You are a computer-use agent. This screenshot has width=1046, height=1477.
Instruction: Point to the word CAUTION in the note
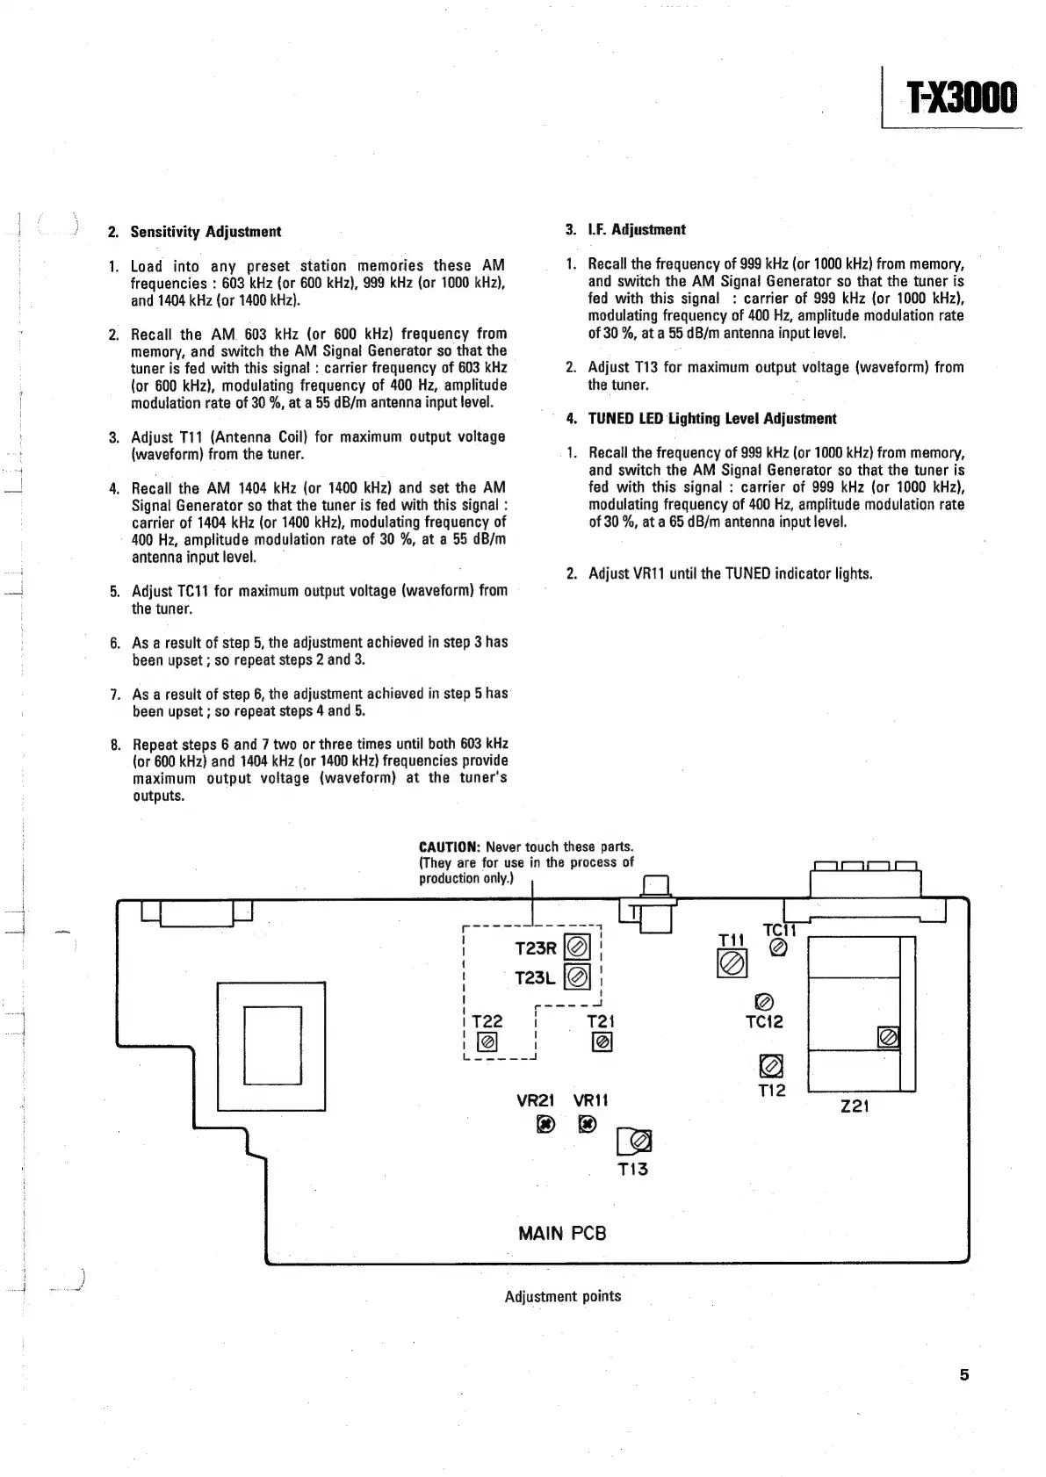tap(448, 847)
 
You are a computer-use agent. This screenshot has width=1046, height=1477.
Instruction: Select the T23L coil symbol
tap(577, 976)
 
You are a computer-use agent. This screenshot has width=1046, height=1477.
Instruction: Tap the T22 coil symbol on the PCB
tap(487, 1042)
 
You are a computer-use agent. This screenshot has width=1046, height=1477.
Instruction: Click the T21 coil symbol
tap(602, 1041)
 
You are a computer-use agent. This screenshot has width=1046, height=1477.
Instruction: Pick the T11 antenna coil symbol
tap(732, 964)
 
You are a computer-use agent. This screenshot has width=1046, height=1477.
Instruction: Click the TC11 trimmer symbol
tap(777, 947)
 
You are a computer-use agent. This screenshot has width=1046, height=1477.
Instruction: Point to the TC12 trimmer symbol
tap(763, 1002)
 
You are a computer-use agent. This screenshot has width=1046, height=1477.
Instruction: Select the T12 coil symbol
tap(770, 1066)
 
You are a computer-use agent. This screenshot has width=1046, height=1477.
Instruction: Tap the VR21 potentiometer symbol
tap(545, 1124)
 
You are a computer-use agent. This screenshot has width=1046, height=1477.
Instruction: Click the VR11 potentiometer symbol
tap(588, 1124)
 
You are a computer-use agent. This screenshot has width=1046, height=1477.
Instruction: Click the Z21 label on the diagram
tap(855, 1106)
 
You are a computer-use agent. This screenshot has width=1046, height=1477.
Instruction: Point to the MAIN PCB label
tap(562, 1233)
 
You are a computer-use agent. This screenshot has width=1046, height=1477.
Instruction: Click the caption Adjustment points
tap(562, 1296)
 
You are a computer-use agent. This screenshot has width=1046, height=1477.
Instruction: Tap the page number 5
tap(963, 1375)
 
